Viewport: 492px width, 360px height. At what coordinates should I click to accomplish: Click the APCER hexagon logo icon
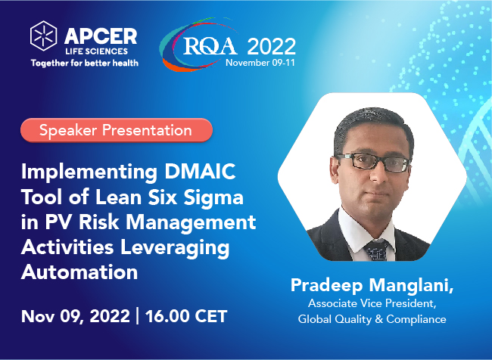44,36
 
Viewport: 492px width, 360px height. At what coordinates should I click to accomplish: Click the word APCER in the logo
101,36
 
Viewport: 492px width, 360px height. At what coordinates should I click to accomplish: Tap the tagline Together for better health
85,63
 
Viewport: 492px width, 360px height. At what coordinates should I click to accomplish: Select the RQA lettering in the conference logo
210,46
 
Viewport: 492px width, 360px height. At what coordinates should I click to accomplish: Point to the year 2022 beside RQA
272,46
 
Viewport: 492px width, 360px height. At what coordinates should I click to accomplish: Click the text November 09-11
260,63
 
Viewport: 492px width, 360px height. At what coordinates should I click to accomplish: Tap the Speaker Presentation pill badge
117,130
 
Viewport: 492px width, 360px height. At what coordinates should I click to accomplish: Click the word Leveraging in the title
175,248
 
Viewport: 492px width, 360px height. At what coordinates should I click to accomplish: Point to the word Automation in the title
79,272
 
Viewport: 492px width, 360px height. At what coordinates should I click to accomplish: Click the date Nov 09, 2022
75,316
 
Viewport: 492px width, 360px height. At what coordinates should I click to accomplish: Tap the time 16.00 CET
186,316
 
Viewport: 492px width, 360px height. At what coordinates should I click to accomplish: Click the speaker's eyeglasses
373,162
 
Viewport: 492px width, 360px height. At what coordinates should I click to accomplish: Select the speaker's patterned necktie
376,250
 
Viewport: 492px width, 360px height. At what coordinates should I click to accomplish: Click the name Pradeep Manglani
372,285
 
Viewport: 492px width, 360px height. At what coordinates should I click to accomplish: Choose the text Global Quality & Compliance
372,319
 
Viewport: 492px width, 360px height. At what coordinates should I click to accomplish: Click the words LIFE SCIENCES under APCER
97,51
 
